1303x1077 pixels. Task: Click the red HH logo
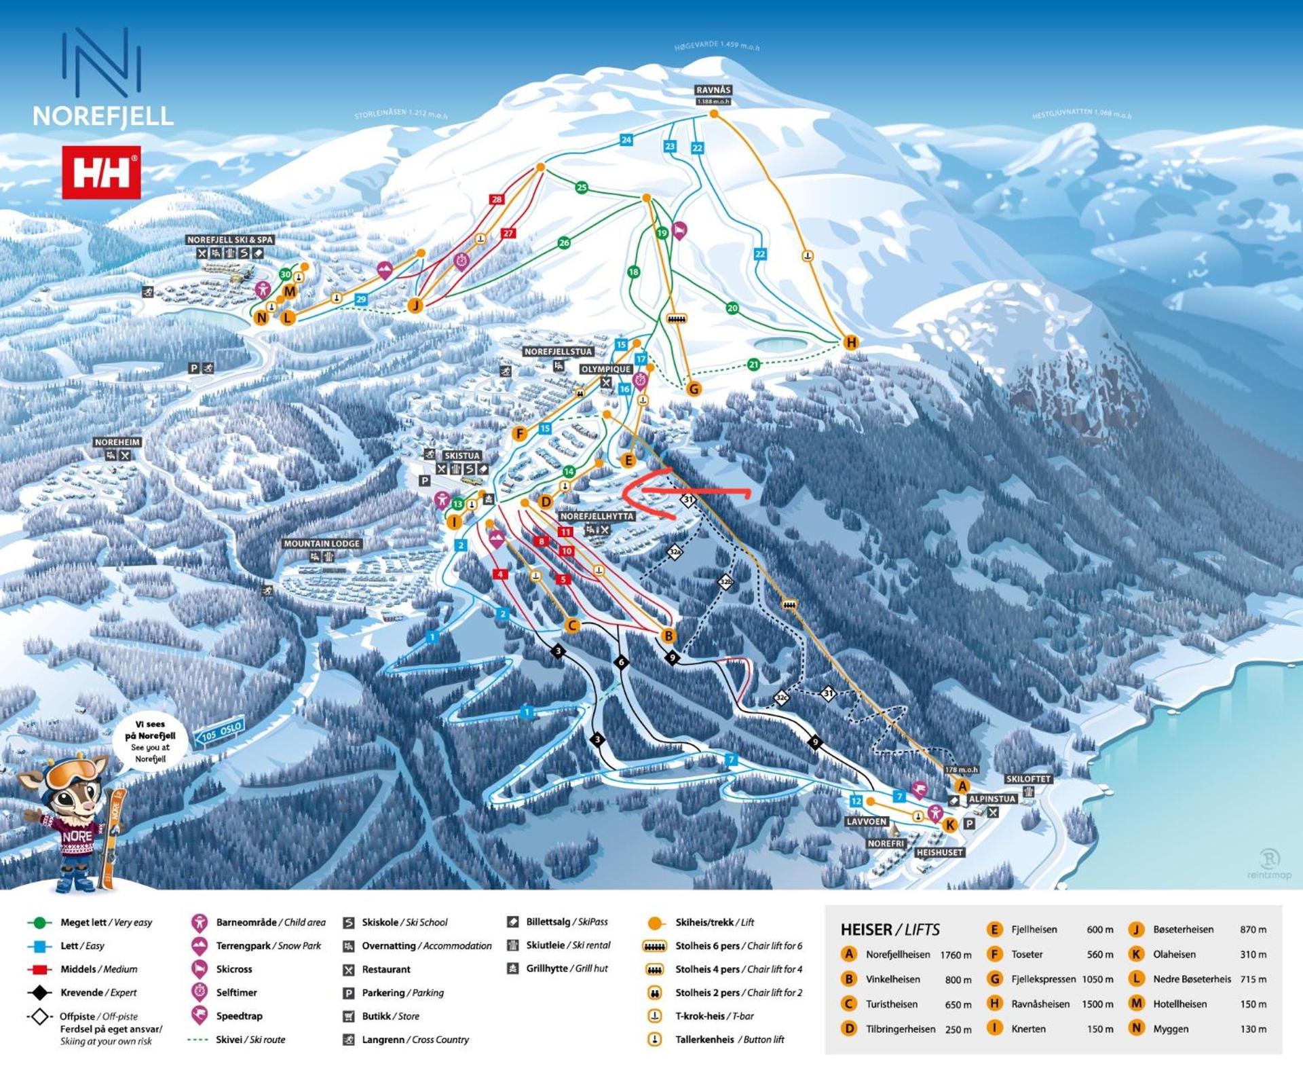[101, 172]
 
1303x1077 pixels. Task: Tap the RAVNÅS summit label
[713, 90]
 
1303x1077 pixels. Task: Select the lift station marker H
[851, 343]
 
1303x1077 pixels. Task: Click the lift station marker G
[693, 389]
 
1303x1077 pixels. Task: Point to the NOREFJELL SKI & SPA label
[230, 240]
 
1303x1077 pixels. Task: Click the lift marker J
[415, 306]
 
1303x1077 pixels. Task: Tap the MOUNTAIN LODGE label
[322, 544]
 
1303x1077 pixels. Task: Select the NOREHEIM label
[117, 442]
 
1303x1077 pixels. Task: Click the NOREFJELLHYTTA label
[597, 517]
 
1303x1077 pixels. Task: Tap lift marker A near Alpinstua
[962, 786]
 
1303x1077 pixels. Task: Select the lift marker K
[949, 825]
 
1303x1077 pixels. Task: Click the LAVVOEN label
[867, 822]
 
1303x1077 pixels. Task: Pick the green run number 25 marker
[582, 188]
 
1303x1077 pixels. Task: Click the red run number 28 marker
[497, 200]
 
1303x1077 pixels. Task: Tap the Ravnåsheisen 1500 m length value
[1097, 1004]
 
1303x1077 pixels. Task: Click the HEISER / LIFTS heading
[890, 930]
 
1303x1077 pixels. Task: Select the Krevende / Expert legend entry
[98, 993]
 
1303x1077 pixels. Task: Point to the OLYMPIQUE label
[606, 369]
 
